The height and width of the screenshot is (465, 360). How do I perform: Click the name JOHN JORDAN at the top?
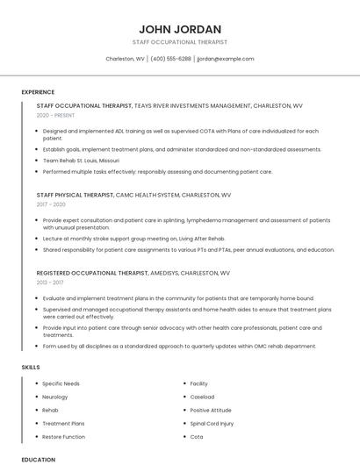click(x=179, y=29)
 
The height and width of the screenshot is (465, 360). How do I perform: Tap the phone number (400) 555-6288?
click(x=170, y=59)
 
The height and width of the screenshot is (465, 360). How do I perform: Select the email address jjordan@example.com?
click(x=226, y=59)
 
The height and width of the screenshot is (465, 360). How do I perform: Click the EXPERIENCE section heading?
click(x=38, y=91)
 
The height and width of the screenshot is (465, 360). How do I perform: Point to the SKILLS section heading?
click(x=30, y=367)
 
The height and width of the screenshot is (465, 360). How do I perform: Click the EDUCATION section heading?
click(x=38, y=459)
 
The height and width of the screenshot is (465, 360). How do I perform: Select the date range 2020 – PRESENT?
click(x=55, y=115)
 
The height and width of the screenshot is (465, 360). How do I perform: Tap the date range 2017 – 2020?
click(x=51, y=204)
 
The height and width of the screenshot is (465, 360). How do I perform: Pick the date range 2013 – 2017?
click(x=50, y=283)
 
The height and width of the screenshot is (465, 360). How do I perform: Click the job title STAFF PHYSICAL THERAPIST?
click(x=76, y=194)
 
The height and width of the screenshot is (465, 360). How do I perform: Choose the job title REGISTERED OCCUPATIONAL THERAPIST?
click(x=92, y=273)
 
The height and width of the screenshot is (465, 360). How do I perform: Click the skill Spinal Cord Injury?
click(x=212, y=423)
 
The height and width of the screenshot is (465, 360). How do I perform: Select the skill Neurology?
click(x=54, y=397)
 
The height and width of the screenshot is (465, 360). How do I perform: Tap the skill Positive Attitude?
click(x=211, y=410)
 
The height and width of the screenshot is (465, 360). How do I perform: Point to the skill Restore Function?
click(x=63, y=436)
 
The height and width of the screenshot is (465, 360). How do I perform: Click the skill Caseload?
click(x=202, y=397)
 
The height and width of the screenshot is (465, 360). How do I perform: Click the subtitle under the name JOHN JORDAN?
click(x=179, y=42)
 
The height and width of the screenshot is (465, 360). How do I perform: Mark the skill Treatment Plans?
click(x=63, y=423)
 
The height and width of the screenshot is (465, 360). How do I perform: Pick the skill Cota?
click(x=197, y=436)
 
